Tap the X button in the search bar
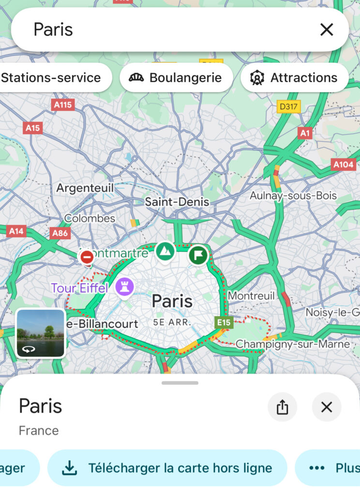[x=327, y=30]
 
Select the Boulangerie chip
[x=176, y=77]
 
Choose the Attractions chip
[x=294, y=77]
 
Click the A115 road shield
[x=63, y=104]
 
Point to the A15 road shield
[x=32, y=128]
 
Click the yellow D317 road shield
[x=288, y=106]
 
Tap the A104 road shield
[x=344, y=165]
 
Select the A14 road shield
[x=16, y=231]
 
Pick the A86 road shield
[x=60, y=233]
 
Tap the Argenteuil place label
[x=85, y=188]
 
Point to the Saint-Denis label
[x=177, y=202]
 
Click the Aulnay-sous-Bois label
[x=293, y=196]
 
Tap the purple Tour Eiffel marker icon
[x=124, y=287]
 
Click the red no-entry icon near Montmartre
[x=87, y=258]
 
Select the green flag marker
[x=198, y=254]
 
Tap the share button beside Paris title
[x=283, y=407]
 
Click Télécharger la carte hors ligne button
[x=167, y=468]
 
